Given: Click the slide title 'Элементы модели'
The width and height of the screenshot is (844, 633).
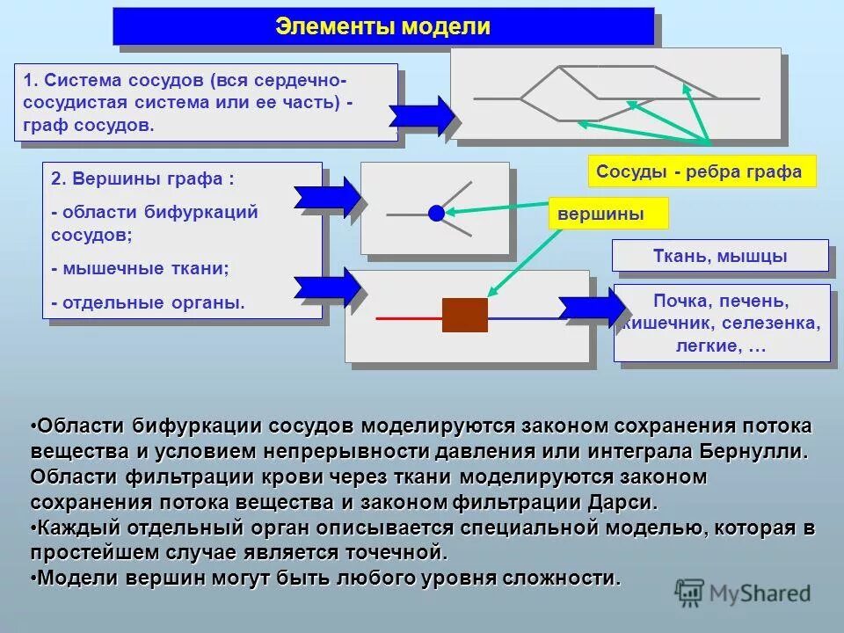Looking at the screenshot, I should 383,25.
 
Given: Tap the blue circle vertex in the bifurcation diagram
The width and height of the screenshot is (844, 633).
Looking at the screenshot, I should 436,213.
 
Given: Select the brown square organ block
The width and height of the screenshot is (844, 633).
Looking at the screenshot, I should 464,315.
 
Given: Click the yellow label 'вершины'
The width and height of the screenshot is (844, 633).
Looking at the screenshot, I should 608,214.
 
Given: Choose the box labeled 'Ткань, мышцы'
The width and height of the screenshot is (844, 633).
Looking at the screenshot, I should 720,257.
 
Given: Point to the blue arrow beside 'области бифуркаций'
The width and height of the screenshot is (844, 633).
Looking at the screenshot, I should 327,198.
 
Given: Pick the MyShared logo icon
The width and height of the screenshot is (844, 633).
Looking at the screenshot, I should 689,593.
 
